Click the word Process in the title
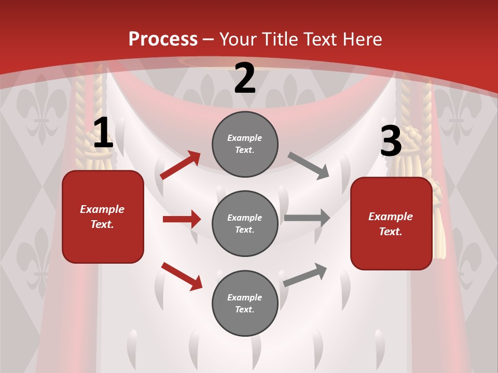click(163, 39)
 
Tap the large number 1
click(103, 133)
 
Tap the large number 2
click(245, 78)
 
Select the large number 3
click(391, 141)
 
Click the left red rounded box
click(103, 217)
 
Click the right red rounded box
click(391, 223)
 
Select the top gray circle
click(245, 144)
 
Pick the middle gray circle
click(245, 223)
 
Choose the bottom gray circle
click(245, 303)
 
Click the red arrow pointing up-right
click(181, 165)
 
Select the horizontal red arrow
click(182, 219)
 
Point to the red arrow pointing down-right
click(182, 276)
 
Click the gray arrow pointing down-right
click(308, 165)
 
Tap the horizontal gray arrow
click(307, 218)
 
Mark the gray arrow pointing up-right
click(305, 274)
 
